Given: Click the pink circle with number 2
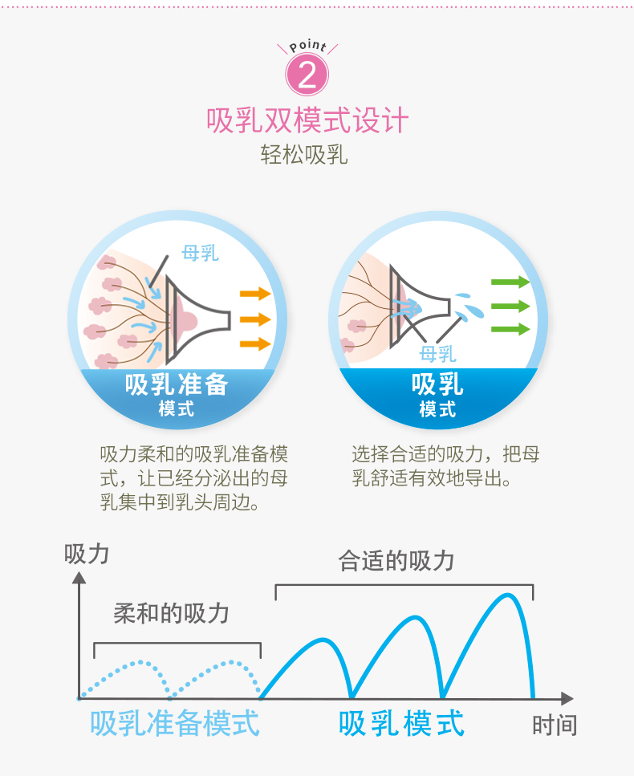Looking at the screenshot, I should [308, 75].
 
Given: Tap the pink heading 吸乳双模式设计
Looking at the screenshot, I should [308, 120].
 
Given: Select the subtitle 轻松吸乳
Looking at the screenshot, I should [304, 154].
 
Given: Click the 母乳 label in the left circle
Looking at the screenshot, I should [200, 254].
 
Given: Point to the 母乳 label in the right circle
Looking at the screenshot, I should [437, 353].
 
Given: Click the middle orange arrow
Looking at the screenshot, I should [255, 319].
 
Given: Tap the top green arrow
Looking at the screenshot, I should [510, 282].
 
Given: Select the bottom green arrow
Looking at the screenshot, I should [510, 329].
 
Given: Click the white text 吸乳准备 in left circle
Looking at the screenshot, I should [177, 384].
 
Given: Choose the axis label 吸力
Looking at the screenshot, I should [87, 555].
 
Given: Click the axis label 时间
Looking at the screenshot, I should [555, 725].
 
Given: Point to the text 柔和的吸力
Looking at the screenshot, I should [172, 614].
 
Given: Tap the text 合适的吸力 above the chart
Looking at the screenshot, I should [396, 561].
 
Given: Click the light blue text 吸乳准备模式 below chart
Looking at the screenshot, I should [175, 723].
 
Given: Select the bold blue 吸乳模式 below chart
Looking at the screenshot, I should [401, 723].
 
